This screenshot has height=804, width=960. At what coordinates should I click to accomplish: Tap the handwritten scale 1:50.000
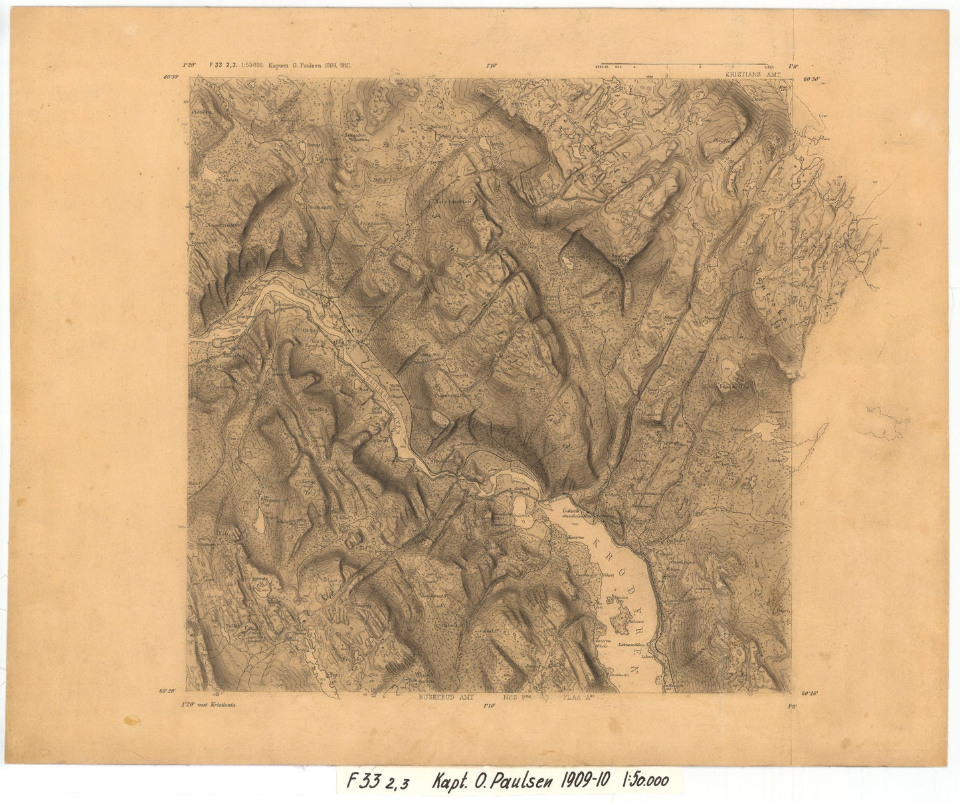coord(645,781)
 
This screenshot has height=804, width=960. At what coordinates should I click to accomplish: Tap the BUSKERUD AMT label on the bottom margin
coord(446,698)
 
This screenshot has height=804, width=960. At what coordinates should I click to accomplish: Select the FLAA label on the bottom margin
coord(575,698)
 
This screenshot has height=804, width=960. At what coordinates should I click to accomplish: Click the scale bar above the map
coord(685,66)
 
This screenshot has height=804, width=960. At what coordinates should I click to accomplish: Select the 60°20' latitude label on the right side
coord(810,693)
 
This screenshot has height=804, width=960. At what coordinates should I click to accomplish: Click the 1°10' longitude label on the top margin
coord(492,65)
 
